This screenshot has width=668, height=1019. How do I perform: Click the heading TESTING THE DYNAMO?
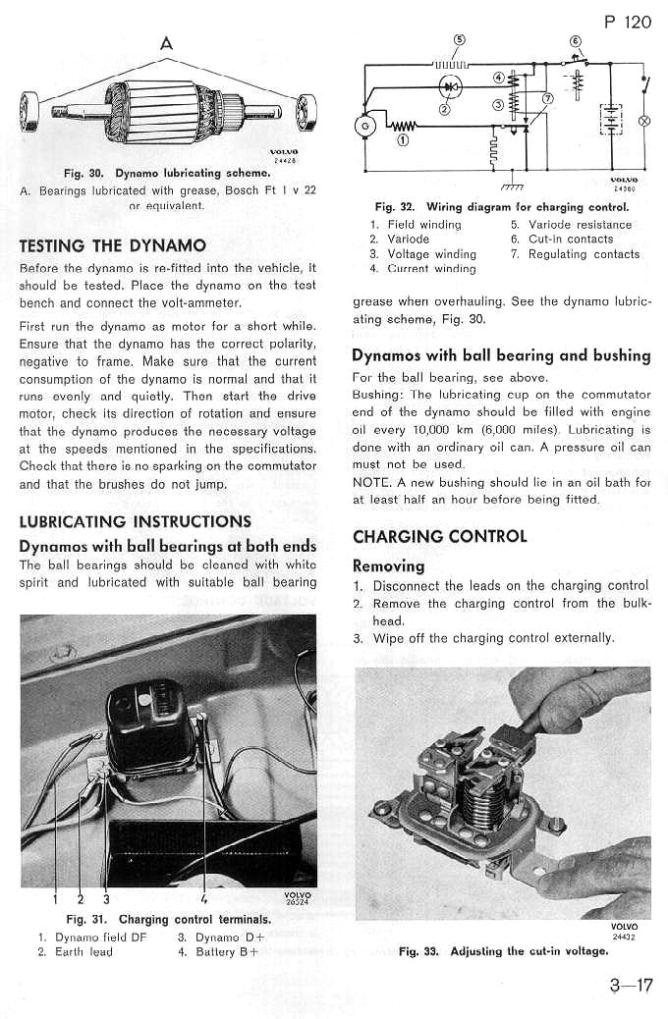point(113,245)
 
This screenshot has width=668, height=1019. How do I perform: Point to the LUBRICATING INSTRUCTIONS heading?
point(136,521)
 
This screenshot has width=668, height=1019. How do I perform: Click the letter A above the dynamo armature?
point(166,42)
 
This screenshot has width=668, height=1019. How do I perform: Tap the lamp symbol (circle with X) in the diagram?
point(645,121)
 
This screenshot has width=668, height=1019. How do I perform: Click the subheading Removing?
point(388,565)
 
